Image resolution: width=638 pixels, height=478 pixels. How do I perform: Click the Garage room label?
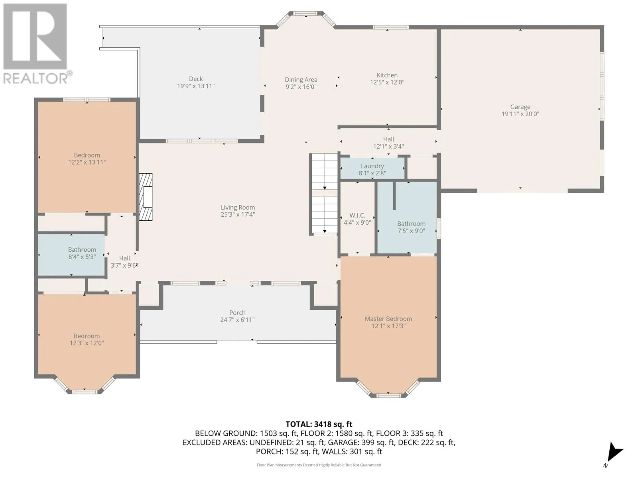pyautogui.click(x=520, y=107)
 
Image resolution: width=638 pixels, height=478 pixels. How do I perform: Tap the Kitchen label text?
pyautogui.click(x=387, y=75)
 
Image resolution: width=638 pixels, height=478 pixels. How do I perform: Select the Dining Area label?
pyautogui.click(x=301, y=80)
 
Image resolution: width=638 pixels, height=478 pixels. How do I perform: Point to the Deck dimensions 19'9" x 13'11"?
pyautogui.click(x=196, y=86)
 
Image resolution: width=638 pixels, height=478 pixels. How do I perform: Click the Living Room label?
pyautogui.click(x=238, y=208)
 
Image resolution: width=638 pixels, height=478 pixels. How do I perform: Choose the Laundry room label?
pyautogui.click(x=372, y=166)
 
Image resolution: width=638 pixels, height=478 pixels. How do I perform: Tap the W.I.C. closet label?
pyautogui.click(x=357, y=215)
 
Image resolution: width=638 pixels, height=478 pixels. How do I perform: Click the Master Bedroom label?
pyautogui.click(x=388, y=319)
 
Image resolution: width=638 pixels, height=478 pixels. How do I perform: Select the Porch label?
pyautogui.click(x=238, y=313)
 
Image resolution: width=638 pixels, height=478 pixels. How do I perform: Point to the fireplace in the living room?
pyautogui.click(x=146, y=197)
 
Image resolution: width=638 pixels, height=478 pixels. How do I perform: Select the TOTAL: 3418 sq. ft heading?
pyautogui.click(x=319, y=424)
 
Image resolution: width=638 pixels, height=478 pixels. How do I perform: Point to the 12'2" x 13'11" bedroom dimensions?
pyautogui.click(x=87, y=162)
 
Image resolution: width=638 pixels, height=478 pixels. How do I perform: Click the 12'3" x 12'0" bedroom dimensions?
pyautogui.click(x=87, y=343)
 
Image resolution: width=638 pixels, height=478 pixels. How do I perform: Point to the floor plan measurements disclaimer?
pyautogui.click(x=319, y=465)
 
